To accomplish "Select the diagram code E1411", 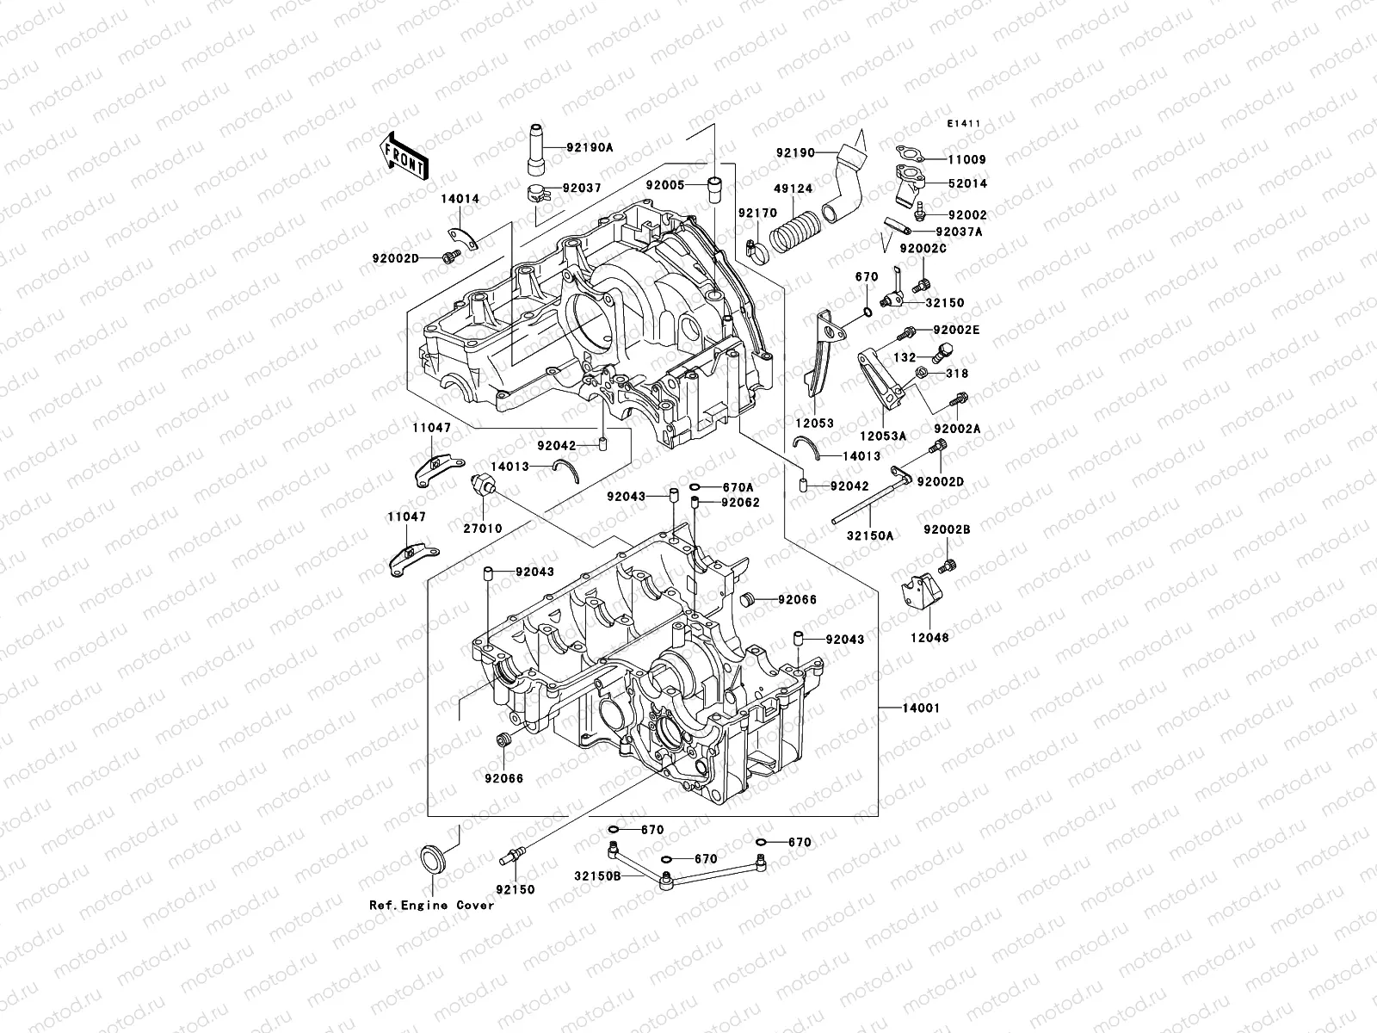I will coord(964,124).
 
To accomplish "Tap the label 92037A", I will coord(959,232).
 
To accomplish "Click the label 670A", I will coord(738,486).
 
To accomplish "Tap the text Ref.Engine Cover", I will coord(432,905).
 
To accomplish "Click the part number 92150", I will coord(516,889).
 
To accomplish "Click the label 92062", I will coord(740,503).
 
